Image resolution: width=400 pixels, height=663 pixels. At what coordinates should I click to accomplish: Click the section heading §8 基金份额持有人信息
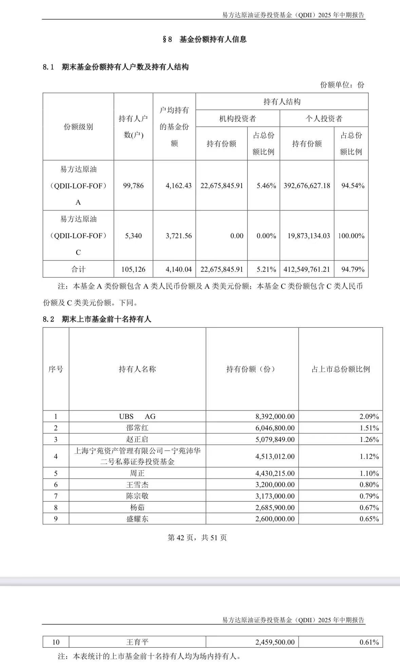tap(205, 39)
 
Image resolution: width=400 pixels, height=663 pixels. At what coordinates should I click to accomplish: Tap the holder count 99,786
tap(133, 186)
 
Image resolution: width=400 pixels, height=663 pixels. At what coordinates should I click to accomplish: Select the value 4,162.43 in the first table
tap(178, 186)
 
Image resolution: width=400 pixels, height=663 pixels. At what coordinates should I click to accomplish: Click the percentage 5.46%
tap(266, 186)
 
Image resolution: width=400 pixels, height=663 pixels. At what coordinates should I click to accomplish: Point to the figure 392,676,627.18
tap(307, 186)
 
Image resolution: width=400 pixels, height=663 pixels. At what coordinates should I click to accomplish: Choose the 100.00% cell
tap(351, 236)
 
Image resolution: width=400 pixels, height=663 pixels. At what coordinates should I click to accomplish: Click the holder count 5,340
tap(133, 236)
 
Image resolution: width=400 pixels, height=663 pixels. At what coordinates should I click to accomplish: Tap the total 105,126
tap(133, 269)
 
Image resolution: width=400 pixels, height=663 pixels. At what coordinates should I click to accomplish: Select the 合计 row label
tap(78, 269)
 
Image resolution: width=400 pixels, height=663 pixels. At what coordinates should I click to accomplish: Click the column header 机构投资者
tap(237, 119)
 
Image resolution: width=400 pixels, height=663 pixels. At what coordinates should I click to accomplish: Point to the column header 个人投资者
tap(324, 119)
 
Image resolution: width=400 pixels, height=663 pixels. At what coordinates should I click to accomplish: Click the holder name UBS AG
tap(137, 417)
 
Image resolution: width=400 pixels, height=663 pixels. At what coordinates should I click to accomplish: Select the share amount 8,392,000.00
tap(275, 417)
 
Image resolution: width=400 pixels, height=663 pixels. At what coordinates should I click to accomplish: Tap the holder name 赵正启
tap(137, 440)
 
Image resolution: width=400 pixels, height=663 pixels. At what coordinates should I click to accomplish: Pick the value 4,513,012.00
tap(275, 457)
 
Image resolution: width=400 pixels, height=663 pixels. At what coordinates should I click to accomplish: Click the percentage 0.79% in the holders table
tap(369, 496)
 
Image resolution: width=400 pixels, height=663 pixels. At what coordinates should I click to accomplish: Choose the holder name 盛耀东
tap(137, 519)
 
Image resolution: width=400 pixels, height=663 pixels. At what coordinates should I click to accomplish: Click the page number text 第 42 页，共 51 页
tap(197, 538)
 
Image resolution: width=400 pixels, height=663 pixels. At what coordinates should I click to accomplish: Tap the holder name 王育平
tap(137, 642)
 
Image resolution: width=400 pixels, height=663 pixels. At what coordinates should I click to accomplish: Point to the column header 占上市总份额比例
tap(341, 369)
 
